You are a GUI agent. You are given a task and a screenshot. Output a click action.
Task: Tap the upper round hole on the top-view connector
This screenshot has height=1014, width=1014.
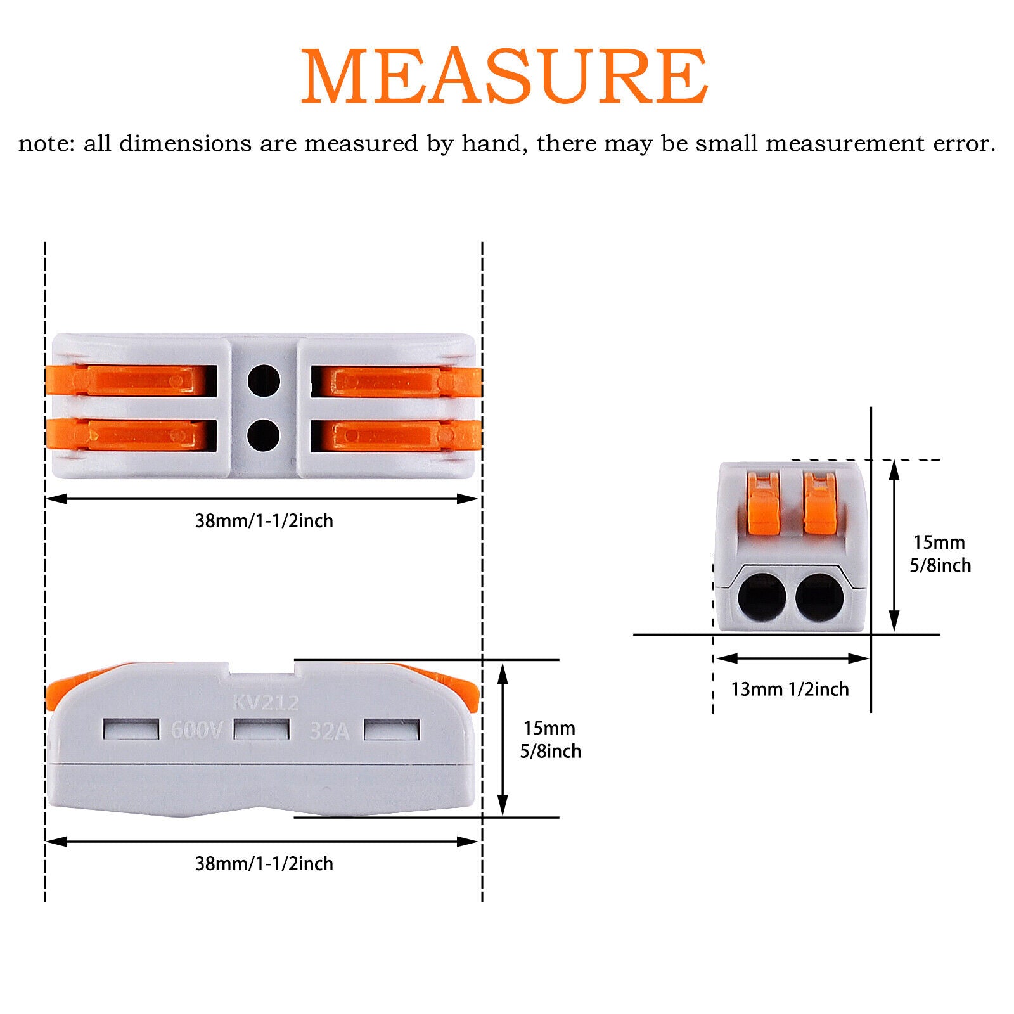(x=264, y=381)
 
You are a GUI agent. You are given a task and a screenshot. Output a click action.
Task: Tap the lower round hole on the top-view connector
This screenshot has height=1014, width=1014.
(x=264, y=434)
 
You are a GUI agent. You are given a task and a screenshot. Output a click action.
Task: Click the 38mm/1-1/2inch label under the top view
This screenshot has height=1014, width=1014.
(x=264, y=521)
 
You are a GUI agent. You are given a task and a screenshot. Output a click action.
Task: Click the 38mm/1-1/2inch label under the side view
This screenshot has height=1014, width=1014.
(x=264, y=864)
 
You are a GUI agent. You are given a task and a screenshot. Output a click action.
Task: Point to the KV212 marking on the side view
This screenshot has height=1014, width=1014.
(x=265, y=702)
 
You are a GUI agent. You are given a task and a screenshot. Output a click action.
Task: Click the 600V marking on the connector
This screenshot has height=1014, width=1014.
(x=196, y=730)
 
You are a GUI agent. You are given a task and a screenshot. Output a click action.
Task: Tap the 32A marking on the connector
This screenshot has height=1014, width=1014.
(x=329, y=731)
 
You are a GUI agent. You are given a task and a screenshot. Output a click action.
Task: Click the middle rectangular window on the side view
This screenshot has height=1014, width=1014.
(x=262, y=729)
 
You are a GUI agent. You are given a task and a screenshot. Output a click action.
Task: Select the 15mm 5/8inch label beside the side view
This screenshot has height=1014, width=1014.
(x=550, y=740)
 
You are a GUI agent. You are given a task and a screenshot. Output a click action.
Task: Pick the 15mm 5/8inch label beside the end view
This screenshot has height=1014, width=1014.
(x=940, y=554)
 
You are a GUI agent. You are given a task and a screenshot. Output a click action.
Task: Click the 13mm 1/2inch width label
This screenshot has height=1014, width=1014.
(x=790, y=689)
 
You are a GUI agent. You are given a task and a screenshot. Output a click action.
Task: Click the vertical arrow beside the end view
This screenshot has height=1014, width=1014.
(x=894, y=545)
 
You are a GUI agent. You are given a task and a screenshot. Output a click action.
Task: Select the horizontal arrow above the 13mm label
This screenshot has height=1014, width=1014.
(x=792, y=658)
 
